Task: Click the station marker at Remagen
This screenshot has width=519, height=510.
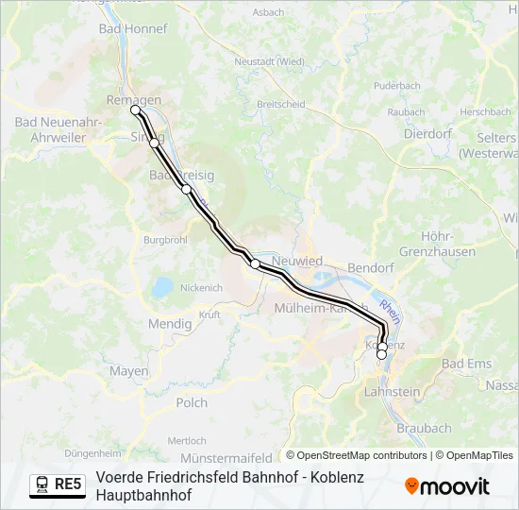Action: (x=135, y=110)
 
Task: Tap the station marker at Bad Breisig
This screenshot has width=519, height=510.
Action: (x=187, y=189)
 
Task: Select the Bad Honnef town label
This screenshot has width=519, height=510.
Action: (x=132, y=29)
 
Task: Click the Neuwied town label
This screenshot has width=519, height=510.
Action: (x=297, y=261)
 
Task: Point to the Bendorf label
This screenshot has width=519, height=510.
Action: (x=371, y=268)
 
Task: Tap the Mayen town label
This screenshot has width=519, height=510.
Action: (x=129, y=371)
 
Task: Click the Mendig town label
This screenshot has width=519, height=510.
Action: (x=170, y=324)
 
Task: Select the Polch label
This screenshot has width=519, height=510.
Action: (x=192, y=402)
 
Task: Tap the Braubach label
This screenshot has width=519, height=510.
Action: (x=424, y=428)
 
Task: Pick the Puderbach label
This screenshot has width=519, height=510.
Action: (x=396, y=85)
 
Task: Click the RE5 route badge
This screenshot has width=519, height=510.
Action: (x=68, y=484)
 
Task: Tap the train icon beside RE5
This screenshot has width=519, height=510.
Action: (x=42, y=484)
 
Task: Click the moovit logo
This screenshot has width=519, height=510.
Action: (x=447, y=486)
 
